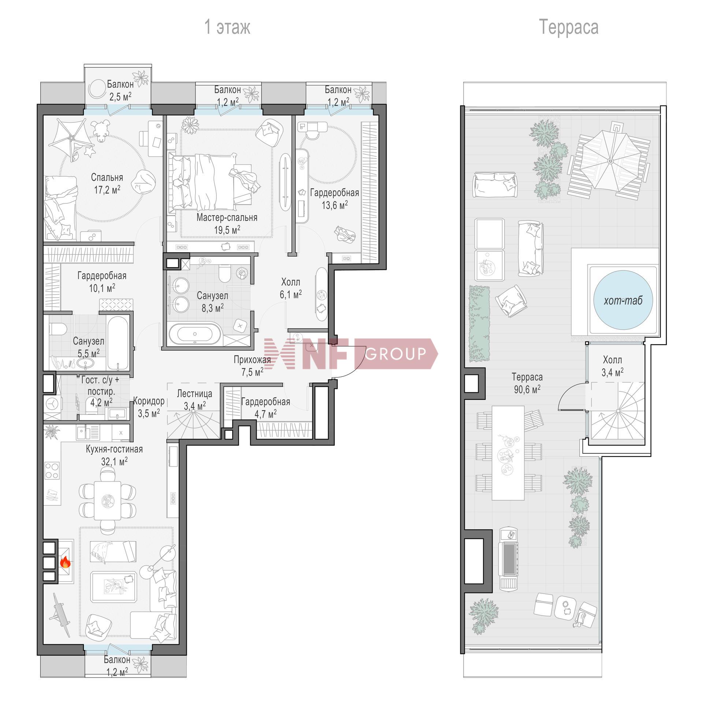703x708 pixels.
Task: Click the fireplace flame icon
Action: pos(65,561)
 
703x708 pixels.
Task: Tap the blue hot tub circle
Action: pos(623,300)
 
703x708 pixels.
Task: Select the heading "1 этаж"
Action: pos(227,27)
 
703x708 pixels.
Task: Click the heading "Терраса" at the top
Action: pos(569,27)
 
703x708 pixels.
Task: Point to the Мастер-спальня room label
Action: pos(227,217)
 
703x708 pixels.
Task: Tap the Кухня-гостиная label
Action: pos(114,449)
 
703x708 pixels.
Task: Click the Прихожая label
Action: pos(252,360)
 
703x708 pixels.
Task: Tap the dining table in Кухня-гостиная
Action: pos(108,500)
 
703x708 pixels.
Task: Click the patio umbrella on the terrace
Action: pos(610,161)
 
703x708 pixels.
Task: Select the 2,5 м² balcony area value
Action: pos(119,97)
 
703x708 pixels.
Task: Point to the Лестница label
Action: pos(194,394)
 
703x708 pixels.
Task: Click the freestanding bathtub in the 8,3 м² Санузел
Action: pos(195,334)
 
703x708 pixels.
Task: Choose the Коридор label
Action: pos(148,401)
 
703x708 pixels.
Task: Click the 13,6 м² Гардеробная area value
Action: pos(335,205)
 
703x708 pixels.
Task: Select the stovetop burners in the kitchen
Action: pos(52,471)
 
